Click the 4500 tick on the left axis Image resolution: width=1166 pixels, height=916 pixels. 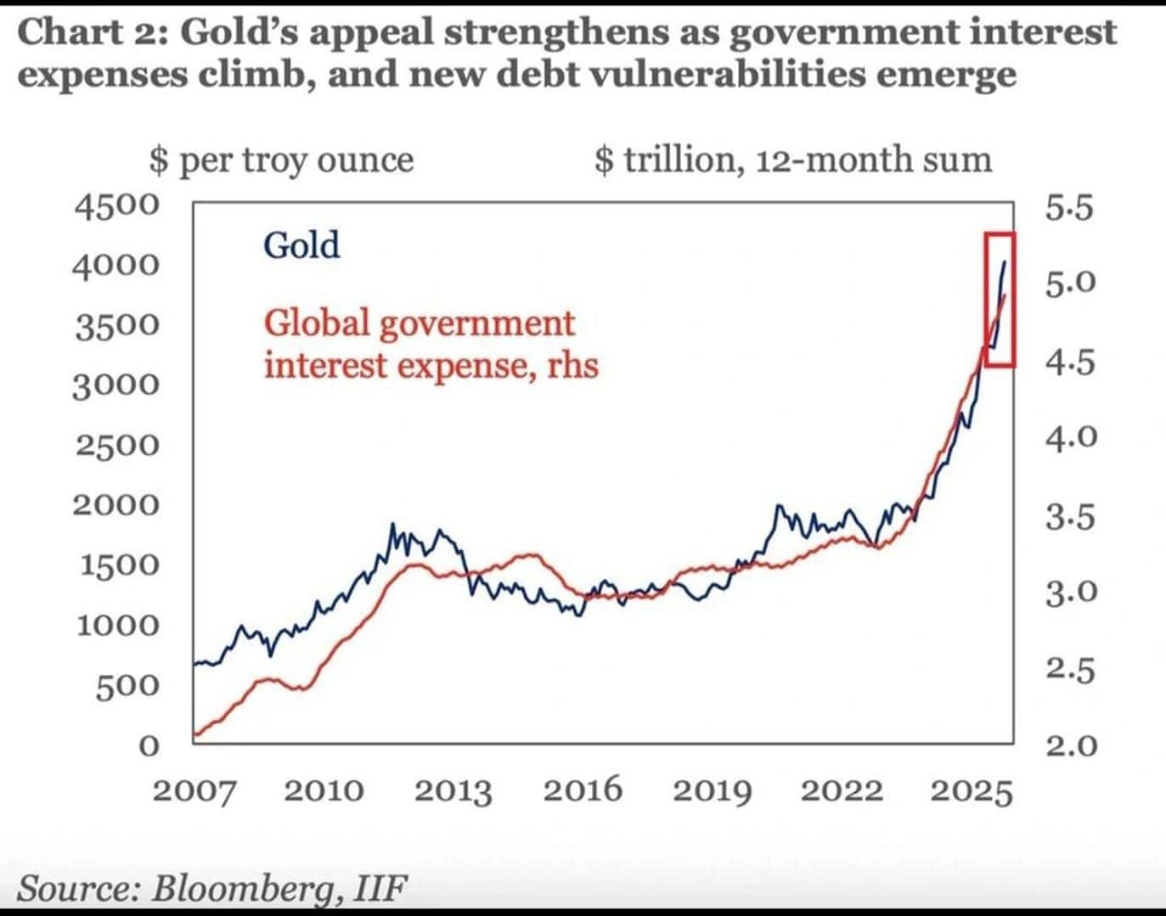pos(116,205)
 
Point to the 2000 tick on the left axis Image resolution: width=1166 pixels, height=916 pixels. pos(116,504)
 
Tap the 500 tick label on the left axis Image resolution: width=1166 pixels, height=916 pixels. pos(127,686)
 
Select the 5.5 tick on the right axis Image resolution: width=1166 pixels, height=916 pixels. pos(1069,209)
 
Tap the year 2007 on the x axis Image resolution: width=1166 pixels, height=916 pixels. pos(194,791)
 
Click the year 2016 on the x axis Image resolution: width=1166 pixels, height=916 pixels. pos(583,791)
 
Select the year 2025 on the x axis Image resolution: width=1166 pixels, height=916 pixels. pos(972,791)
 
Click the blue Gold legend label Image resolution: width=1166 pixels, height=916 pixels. pos(301,245)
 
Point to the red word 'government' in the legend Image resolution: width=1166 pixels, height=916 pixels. pos(477,325)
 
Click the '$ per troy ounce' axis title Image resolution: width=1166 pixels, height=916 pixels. pos(282,160)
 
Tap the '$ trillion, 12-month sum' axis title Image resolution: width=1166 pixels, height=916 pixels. pos(793,160)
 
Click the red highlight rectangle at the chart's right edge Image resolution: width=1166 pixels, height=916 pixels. pos(986,301)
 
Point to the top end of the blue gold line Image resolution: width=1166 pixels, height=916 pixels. pos(1005,261)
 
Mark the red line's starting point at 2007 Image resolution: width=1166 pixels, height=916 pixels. pos(194,733)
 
